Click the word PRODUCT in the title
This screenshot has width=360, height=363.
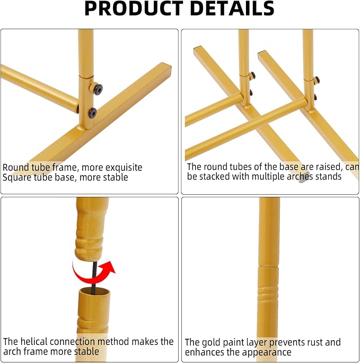pos(134,8)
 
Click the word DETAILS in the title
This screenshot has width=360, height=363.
pos(232,8)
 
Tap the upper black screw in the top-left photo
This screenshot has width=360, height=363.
pos(99,89)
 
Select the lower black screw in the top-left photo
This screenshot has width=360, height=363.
pos(92,113)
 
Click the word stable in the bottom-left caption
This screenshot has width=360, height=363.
pos(86,352)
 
